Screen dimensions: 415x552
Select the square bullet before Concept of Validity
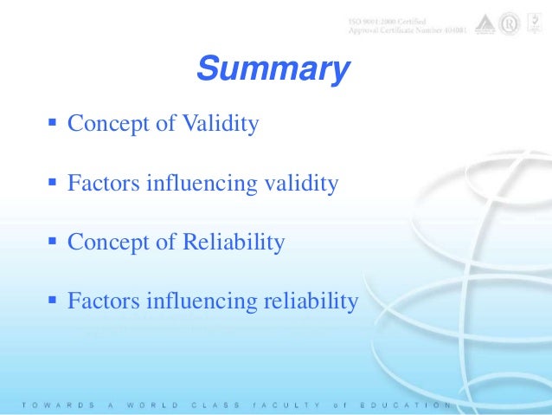52,124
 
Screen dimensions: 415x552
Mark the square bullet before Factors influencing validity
52,183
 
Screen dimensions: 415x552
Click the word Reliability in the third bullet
234,243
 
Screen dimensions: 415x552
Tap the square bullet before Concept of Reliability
52,242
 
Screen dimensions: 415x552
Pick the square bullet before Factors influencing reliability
52,301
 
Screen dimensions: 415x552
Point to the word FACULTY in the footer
276,405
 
